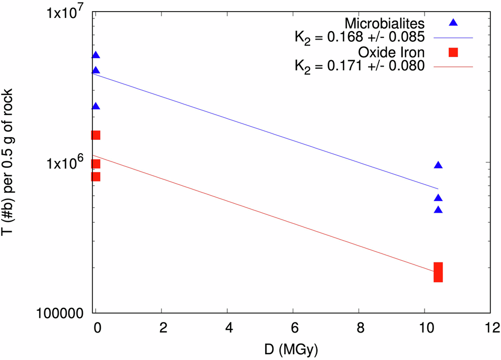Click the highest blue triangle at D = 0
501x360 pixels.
tap(95, 55)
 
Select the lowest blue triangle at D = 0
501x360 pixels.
tap(95, 106)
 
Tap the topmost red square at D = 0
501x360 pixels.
tap(95, 135)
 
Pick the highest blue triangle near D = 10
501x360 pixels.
tap(438, 165)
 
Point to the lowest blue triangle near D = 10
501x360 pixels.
tap(438, 210)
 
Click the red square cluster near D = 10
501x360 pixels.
tap(438, 272)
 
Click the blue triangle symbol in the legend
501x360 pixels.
tap(452, 23)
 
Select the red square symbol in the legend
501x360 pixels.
tap(452, 52)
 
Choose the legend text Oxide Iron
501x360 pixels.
tap(391, 53)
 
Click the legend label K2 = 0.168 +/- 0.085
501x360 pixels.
tap(359, 38)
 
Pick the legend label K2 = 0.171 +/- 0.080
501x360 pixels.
tap(359, 67)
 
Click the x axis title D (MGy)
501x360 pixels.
tap(293, 349)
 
